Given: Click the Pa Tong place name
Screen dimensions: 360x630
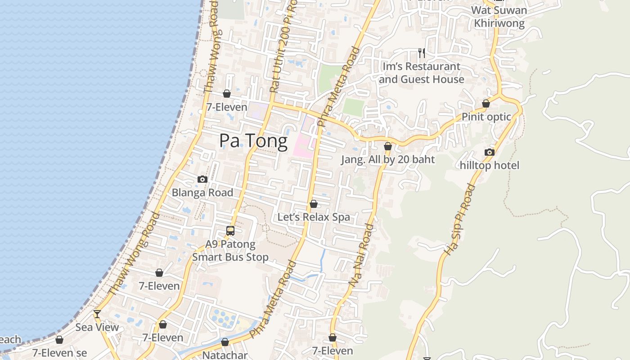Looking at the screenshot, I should (253, 141).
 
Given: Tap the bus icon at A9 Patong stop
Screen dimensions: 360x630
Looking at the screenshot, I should (230, 231).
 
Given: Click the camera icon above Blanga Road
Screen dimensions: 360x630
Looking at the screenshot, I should (202, 179).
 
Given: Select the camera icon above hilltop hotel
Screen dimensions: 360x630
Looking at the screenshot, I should (490, 152).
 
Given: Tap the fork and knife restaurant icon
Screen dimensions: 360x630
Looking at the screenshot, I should (422, 53).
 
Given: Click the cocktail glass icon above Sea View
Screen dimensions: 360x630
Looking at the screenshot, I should (97, 314).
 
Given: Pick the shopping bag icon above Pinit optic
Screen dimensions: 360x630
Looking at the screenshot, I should (486, 103).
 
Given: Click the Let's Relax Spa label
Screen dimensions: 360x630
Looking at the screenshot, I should (314, 217).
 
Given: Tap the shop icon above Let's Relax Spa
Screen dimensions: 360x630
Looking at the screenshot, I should (314, 204).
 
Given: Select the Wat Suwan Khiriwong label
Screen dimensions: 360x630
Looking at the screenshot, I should (499, 17).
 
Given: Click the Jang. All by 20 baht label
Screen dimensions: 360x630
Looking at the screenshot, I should (388, 159).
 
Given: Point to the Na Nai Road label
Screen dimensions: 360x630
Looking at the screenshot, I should (361, 255).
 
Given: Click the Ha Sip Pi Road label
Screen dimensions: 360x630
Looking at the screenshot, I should (459, 220).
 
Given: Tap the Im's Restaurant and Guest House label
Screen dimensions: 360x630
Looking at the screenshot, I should (422, 73).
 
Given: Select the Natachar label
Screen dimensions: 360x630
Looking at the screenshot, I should (225, 355).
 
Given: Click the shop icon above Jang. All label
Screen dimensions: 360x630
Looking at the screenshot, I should (388, 146).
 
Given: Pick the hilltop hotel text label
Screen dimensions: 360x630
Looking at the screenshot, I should (490, 165).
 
